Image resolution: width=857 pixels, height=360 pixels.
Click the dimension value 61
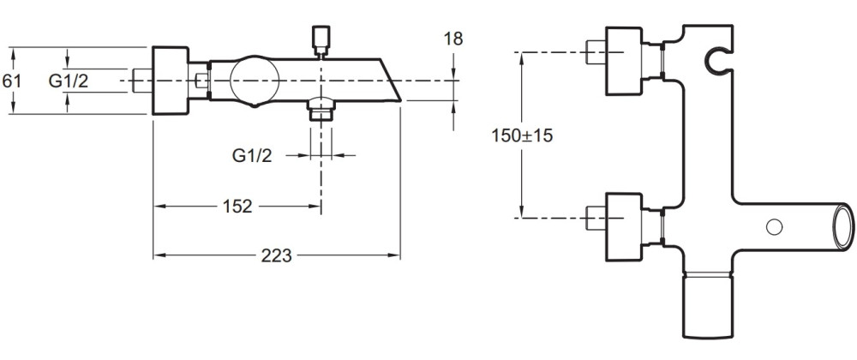(11, 81)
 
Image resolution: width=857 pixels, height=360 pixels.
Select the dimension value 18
(453, 39)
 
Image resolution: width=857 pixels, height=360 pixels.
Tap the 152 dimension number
(237, 206)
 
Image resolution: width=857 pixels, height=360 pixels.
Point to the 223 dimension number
(277, 255)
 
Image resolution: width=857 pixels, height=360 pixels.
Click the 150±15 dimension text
(522, 135)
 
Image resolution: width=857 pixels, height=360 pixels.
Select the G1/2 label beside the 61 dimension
(69, 81)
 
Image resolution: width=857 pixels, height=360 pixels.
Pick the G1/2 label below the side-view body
(252, 156)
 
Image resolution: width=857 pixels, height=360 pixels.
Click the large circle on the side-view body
(255, 80)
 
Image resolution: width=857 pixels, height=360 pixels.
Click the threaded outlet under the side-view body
(320, 109)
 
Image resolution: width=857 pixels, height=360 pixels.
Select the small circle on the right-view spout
(774, 226)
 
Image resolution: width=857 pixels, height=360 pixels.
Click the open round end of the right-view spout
(842, 226)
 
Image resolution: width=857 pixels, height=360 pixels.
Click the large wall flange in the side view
(170, 81)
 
